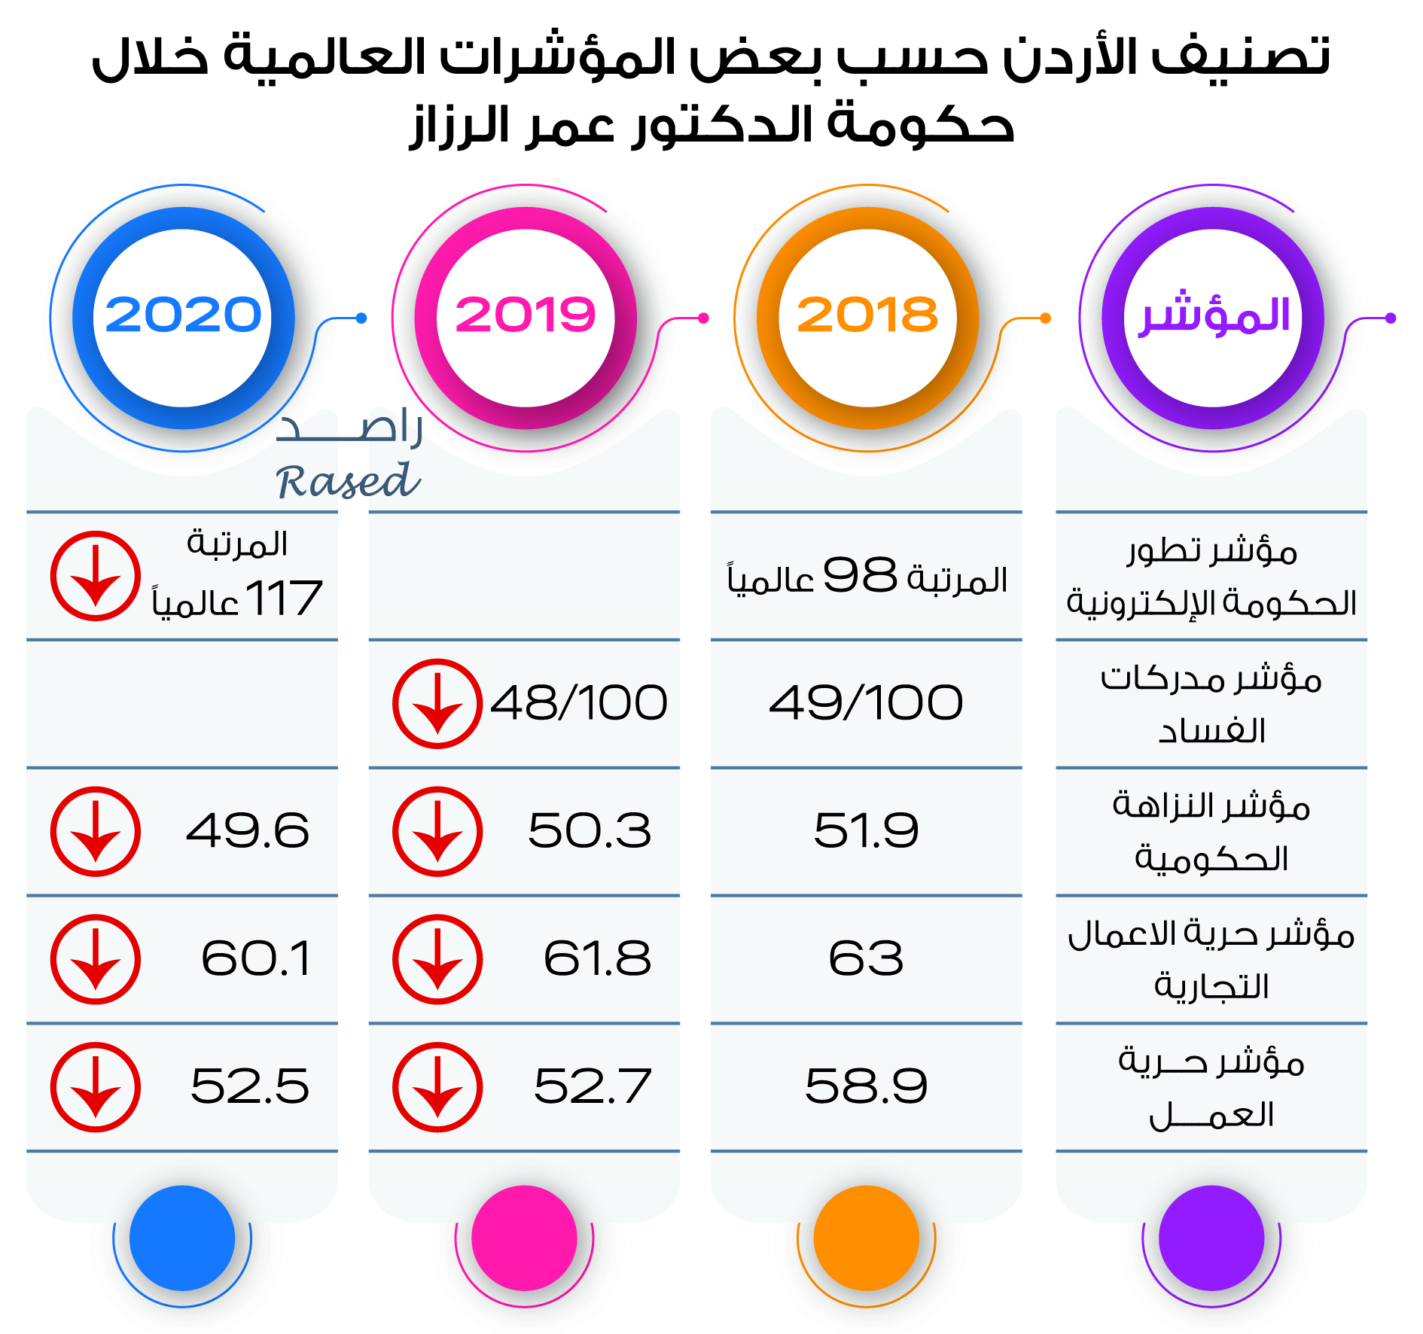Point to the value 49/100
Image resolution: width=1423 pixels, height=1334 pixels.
[x=866, y=703]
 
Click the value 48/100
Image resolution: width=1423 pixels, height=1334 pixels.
[x=578, y=703]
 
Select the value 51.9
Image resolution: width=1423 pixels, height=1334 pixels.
[x=866, y=831]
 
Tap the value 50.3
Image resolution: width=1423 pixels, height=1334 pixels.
[x=590, y=831]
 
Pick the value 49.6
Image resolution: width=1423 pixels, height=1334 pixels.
[x=248, y=831]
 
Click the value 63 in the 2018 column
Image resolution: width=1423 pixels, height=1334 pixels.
[x=866, y=959]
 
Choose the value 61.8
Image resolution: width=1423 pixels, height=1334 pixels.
[x=597, y=959]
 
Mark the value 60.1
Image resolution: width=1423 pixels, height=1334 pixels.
[x=256, y=959]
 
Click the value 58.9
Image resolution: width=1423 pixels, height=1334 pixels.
[x=866, y=1086]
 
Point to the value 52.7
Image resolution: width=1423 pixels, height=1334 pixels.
[x=593, y=1086]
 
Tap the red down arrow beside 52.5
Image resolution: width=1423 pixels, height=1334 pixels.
[x=96, y=1087]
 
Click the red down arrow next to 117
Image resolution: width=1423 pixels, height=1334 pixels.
[x=96, y=576]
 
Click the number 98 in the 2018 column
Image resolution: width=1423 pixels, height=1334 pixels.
[x=860, y=576]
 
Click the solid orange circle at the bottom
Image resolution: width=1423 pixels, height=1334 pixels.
[x=867, y=1238]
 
